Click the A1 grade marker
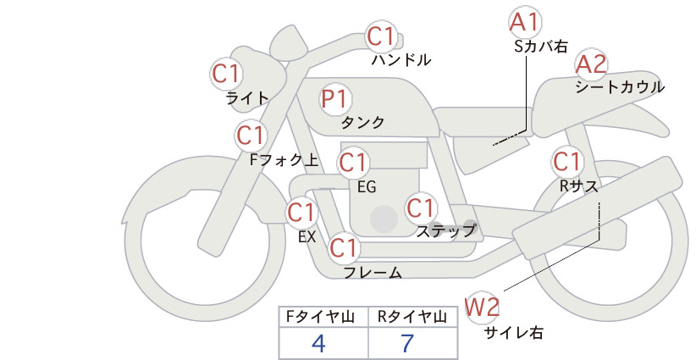pyautogui.click(x=524, y=22)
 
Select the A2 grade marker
pyautogui.click(x=591, y=64)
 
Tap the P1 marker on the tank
pyautogui.click(x=336, y=99)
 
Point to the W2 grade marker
pyautogui.click(x=482, y=307)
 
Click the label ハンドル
pyautogui.click(x=401, y=60)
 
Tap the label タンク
pyautogui.click(x=362, y=123)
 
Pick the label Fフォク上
pyautogui.click(x=284, y=159)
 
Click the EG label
pyautogui.click(x=367, y=187)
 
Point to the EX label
pyautogui.click(x=307, y=237)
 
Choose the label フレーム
pyautogui.click(x=373, y=273)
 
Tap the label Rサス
pyautogui.click(x=578, y=187)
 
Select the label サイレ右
pyautogui.click(x=514, y=333)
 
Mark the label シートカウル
pyautogui.click(x=620, y=87)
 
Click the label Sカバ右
pyautogui.click(x=541, y=47)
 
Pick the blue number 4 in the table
pyautogui.click(x=318, y=343)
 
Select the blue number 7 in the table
pyautogui.click(x=407, y=343)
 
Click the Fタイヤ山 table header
pyautogui.click(x=320, y=317)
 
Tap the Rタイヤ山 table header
pyautogui.click(x=412, y=317)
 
